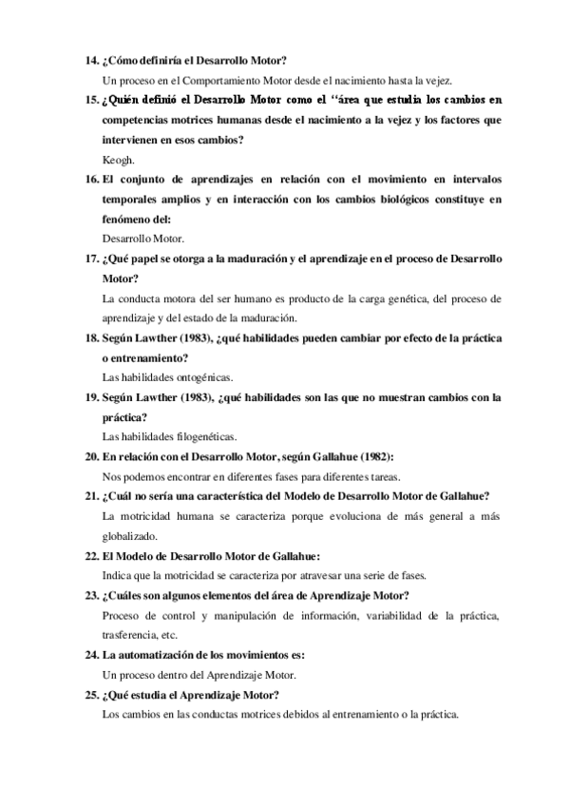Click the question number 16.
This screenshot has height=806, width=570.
(x=91, y=179)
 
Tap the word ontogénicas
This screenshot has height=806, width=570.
(x=192, y=377)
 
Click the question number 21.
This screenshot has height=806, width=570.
(x=91, y=495)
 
